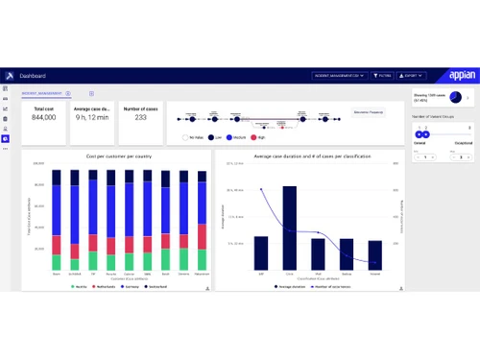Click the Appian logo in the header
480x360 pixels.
[460, 75]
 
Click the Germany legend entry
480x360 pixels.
[124, 285]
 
